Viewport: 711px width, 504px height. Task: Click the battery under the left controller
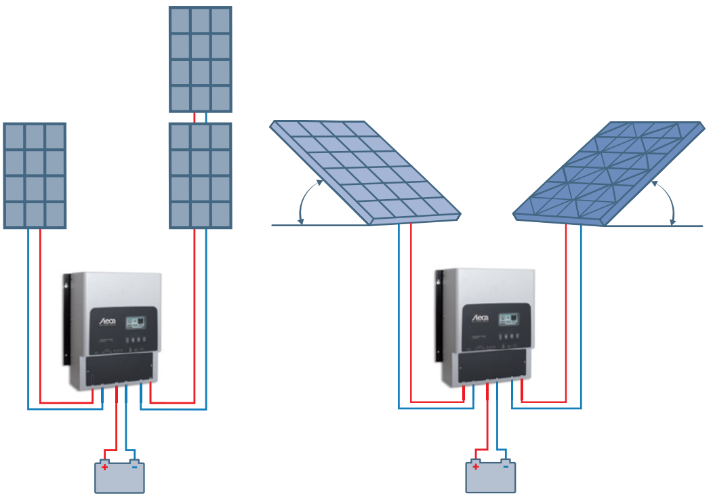coord(119,478)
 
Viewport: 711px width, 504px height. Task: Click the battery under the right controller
coord(490,478)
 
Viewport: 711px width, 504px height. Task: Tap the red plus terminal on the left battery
coord(105,466)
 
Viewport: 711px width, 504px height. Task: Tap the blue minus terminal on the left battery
coord(134,466)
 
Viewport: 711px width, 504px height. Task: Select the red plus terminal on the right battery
coord(476,466)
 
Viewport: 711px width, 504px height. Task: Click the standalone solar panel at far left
coord(35,175)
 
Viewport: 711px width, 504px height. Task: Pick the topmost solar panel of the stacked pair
coord(201,59)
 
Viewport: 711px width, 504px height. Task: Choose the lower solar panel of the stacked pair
coord(201,175)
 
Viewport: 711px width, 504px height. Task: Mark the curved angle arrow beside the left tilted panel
coord(304,201)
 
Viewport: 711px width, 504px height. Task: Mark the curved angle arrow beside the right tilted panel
coord(668,201)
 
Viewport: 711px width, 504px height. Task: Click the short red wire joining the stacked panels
coord(195,117)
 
